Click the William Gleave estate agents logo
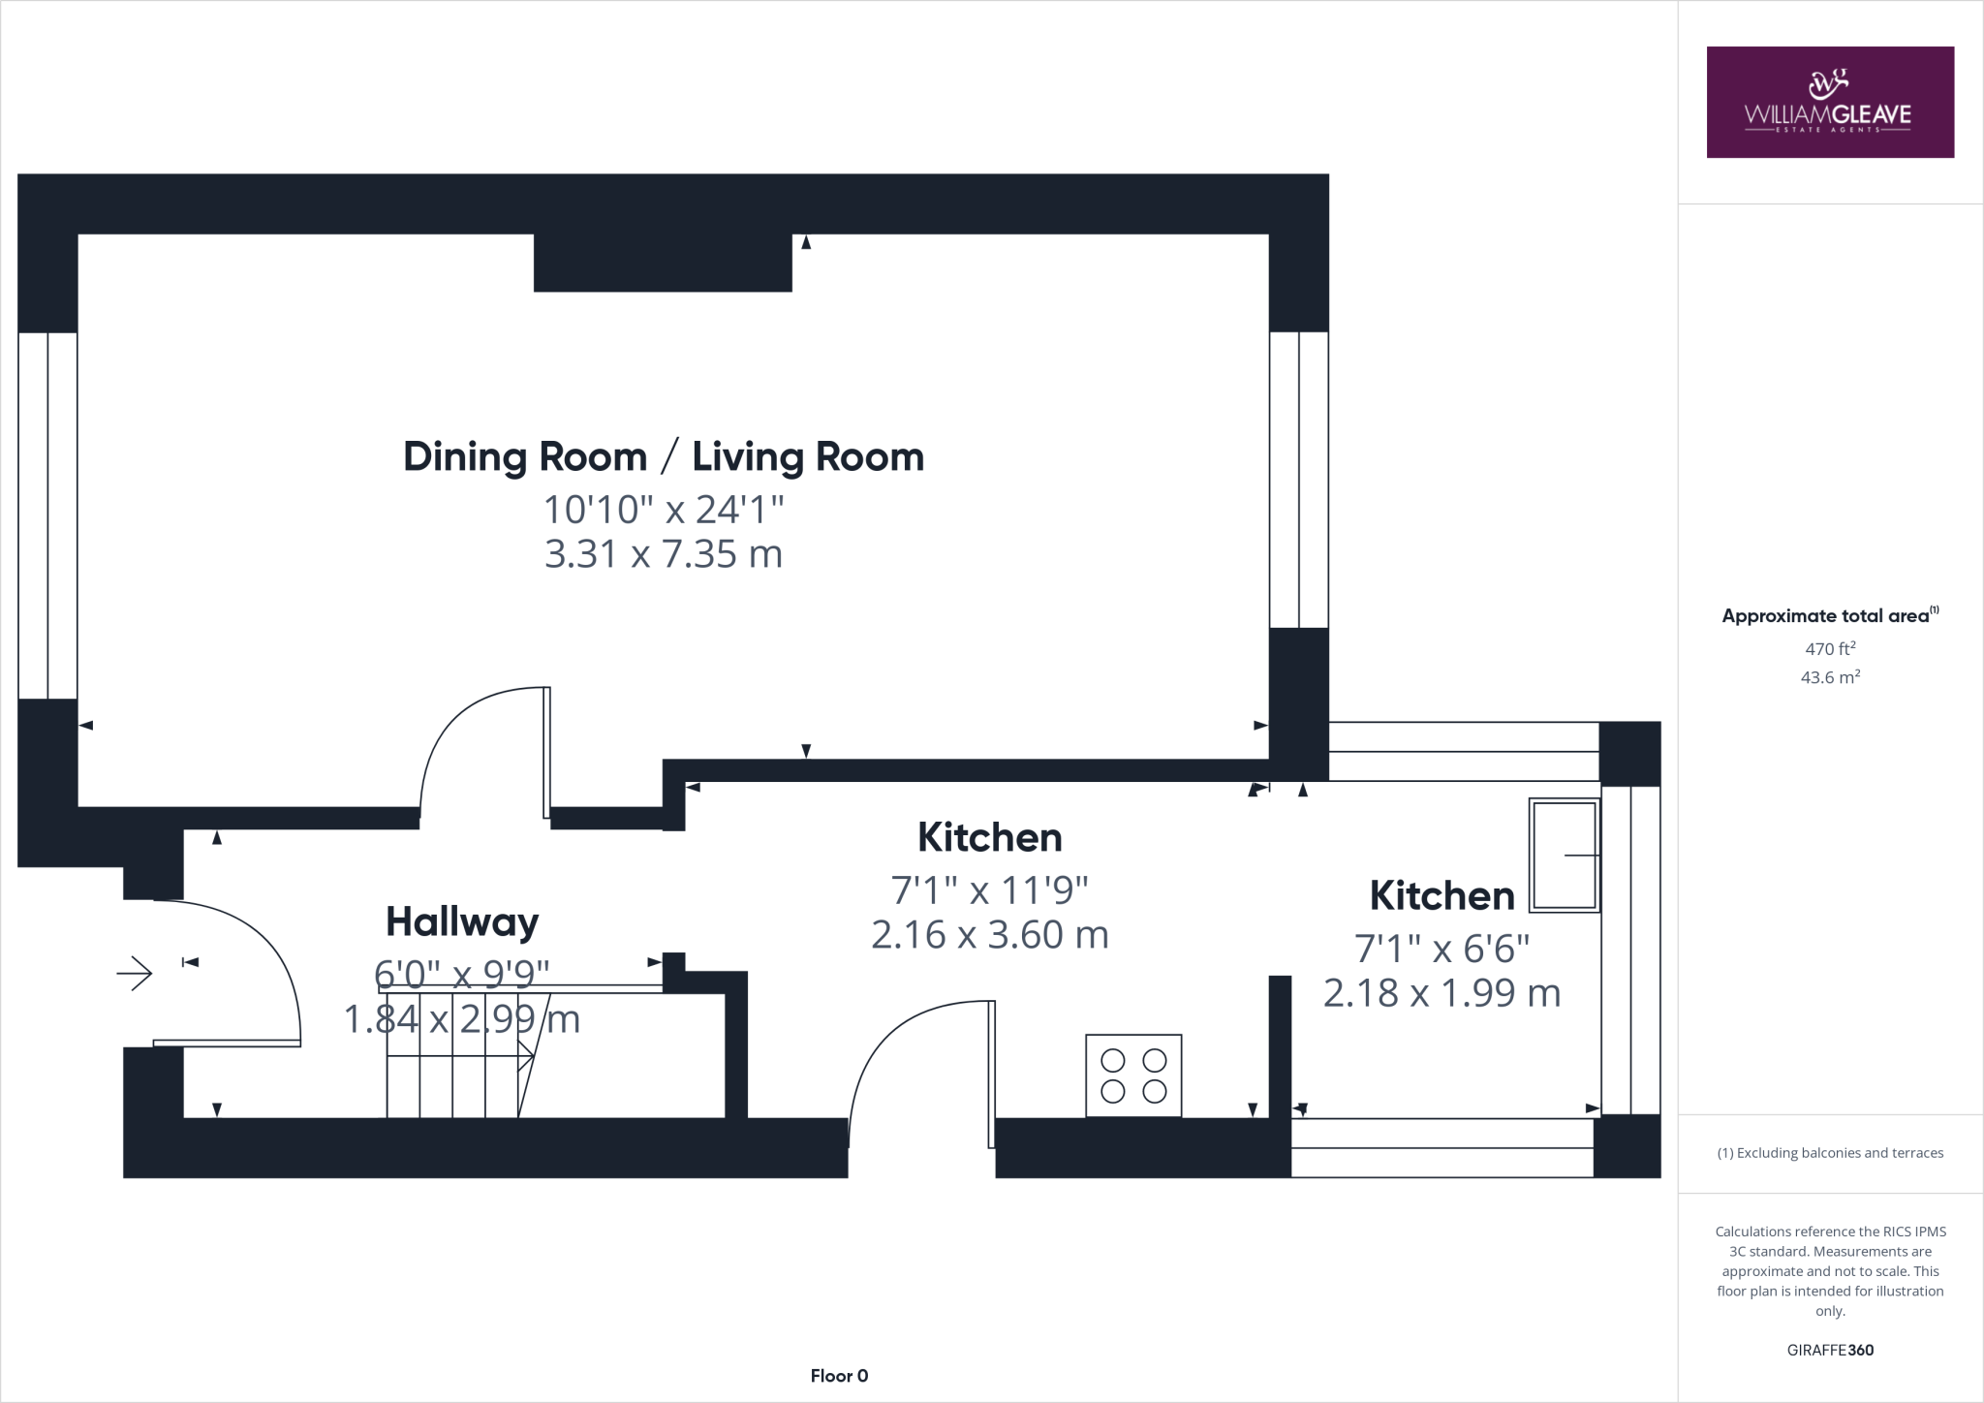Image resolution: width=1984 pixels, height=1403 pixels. [x=1829, y=103]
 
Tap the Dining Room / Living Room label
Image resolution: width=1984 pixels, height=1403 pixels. [x=664, y=457]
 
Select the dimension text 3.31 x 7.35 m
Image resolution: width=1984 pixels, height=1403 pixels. [x=664, y=554]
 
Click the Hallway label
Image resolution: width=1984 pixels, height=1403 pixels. [x=462, y=921]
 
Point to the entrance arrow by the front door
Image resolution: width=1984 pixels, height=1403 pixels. [x=135, y=973]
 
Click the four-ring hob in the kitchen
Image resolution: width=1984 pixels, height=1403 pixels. [x=1133, y=1076]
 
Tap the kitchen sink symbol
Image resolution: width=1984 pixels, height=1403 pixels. [x=1564, y=856]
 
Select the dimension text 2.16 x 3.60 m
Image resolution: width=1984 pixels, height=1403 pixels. [x=989, y=935]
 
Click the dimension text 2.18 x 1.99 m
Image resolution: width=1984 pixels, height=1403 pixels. [x=1441, y=993]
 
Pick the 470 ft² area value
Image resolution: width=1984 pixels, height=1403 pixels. [x=1829, y=648]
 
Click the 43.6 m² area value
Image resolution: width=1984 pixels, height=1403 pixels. [x=1829, y=677]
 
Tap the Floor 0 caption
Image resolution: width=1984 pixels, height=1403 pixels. [x=839, y=1376]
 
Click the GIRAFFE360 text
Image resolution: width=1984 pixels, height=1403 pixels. [x=1829, y=1350]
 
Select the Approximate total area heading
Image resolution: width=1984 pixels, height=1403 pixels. [x=1827, y=616]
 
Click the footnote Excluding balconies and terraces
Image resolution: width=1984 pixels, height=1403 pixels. [x=1829, y=1153]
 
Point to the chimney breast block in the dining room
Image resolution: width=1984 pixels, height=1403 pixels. [x=663, y=263]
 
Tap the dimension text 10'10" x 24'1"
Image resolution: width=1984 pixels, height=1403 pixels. [x=664, y=509]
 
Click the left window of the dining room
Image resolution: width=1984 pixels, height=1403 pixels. [x=47, y=514]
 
